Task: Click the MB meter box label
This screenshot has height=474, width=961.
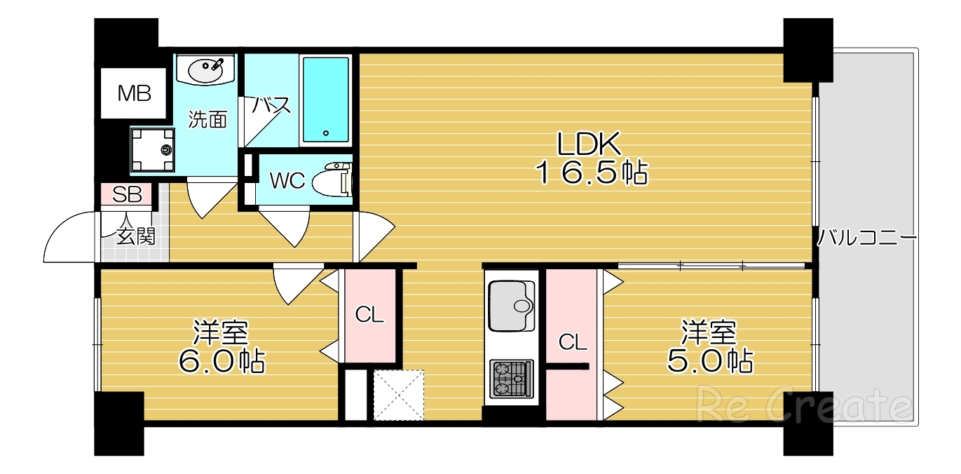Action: pyautogui.click(x=134, y=93)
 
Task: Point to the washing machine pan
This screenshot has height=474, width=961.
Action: pyautogui.click(x=152, y=150)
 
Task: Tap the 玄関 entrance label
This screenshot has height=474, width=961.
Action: pyautogui.click(x=135, y=236)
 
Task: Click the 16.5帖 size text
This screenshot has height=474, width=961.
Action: pyautogui.click(x=591, y=172)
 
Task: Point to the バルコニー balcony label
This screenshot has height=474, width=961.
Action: pyautogui.click(x=867, y=238)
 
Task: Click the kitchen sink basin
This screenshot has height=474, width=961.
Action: pyautogui.click(x=511, y=305)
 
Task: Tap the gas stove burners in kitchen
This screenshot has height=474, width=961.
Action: pyautogui.click(x=511, y=379)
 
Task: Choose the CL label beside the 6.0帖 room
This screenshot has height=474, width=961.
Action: pyautogui.click(x=369, y=315)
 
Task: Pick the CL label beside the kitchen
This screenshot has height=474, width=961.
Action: pyautogui.click(x=573, y=342)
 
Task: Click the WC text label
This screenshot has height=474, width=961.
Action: pyautogui.click(x=287, y=181)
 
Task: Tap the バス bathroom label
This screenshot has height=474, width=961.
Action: pyautogui.click(x=271, y=106)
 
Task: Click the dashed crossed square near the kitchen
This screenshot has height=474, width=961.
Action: pyautogui.click(x=398, y=395)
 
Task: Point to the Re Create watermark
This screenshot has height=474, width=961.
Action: pyautogui.click(x=803, y=405)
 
